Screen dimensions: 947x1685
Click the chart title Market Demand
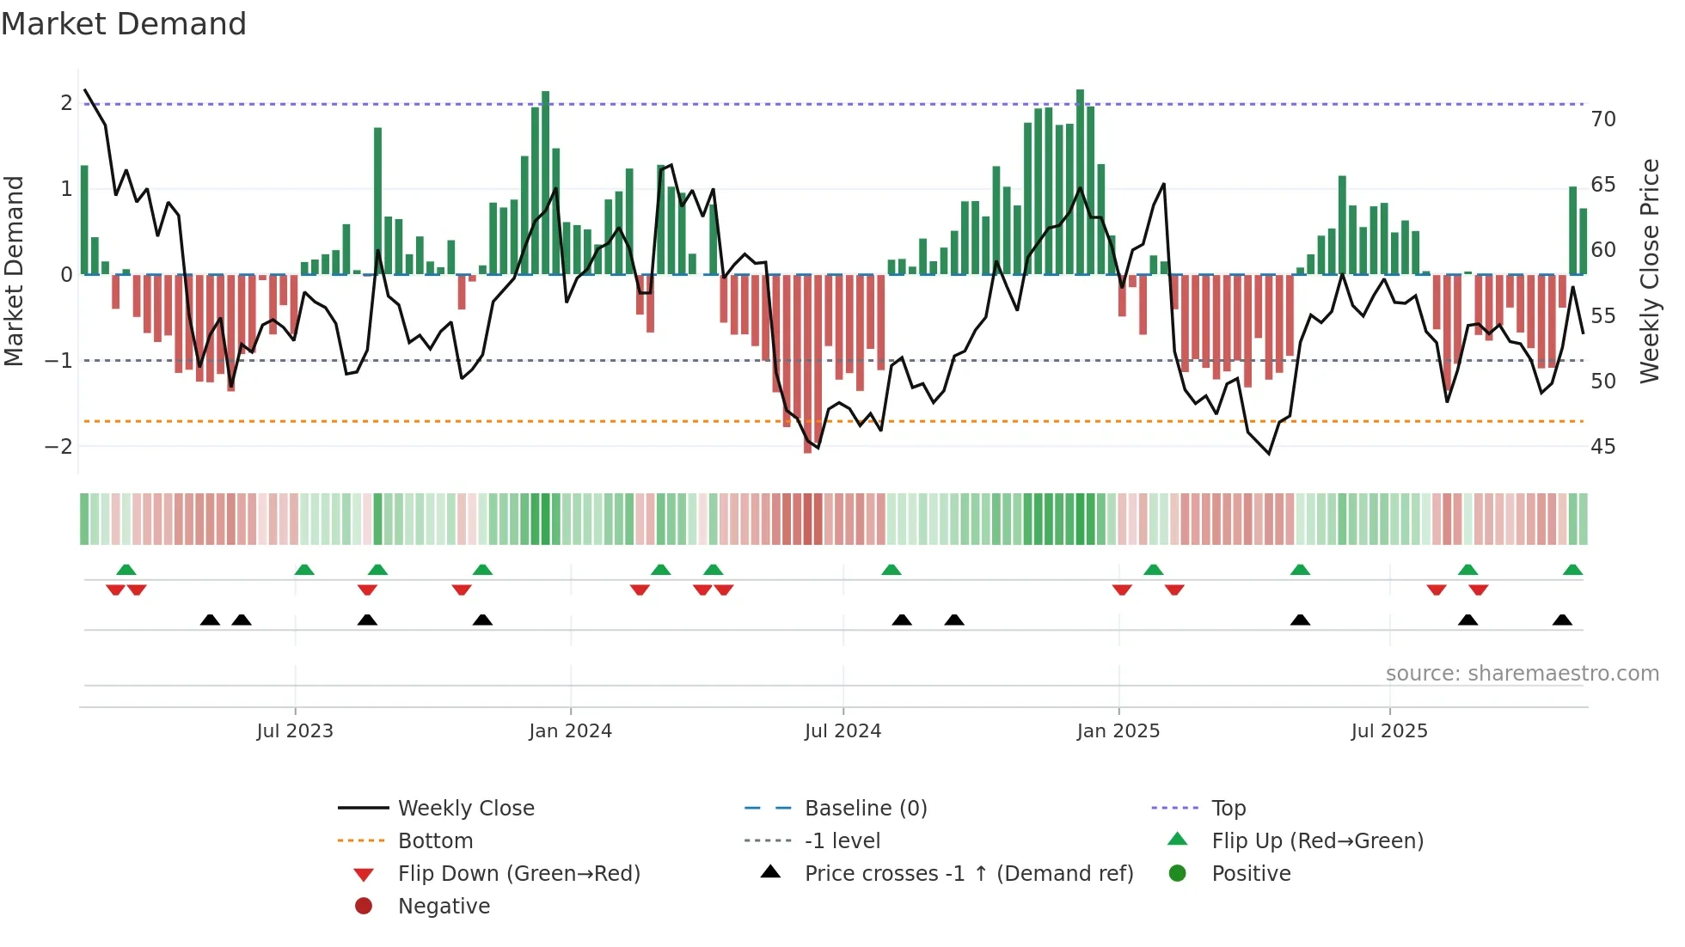click(x=124, y=24)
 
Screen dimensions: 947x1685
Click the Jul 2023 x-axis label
click(x=294, y=731)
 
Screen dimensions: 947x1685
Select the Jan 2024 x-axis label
click(x=570, y=731)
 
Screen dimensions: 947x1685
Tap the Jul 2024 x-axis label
click(x=842, y=731)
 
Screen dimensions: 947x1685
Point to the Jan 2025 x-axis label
click(x=1118, y=731)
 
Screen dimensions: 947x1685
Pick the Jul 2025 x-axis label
click(x=1388, y=731)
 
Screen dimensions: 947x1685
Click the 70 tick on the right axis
click(x=1602, y=119)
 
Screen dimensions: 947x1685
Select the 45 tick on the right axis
click(x=1602, y=447)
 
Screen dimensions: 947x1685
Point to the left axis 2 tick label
click(x=66, y=103)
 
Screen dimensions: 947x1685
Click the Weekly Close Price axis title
click(x=1649, y=271)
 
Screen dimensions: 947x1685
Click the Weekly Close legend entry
click(x=465, y=809)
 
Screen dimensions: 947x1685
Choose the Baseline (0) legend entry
click(x=865, y=809)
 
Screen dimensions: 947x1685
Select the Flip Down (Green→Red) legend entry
click(x=518, y=874)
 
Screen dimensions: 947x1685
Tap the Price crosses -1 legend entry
click(x=968, y=874)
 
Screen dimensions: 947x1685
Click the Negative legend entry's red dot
click(x=364, y=907)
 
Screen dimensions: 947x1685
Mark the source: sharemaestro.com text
click(x=1522, y=674)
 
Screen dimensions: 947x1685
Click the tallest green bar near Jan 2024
click(x=545, y=182)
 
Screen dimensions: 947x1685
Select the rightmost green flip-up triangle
click(x=1572, y=570)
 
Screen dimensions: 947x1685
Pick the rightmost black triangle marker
click(x=1562, y=620)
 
